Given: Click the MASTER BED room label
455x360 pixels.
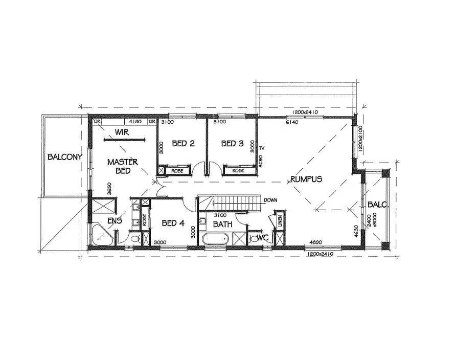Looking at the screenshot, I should (123, 166).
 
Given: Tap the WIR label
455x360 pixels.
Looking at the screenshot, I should (121, 132).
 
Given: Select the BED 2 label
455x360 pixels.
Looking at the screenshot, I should (183, 144).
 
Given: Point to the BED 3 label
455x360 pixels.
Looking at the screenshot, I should (232, 144).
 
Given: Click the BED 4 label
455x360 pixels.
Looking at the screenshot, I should (172, 223).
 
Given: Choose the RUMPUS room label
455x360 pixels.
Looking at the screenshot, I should (306, 179).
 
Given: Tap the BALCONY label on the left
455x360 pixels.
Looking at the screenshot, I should (64, 157).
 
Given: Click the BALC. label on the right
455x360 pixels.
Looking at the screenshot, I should (377, 205).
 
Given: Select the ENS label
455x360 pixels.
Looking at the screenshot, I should (114, 221).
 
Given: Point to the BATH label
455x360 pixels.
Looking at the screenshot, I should (223, 224).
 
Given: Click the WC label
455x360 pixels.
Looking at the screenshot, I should (263, 237).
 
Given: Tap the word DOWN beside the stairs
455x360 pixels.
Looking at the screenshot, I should (271, 200).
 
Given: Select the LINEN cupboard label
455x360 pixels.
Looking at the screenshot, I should (279, 221).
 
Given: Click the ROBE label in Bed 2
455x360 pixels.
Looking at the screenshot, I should (177, 170).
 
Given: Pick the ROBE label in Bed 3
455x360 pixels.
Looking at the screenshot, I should (238, 170).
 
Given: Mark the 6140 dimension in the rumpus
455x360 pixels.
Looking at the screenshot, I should (292, 123).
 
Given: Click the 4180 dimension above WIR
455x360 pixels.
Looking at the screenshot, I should (135, 122).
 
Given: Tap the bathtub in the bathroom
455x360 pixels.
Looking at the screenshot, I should (215, 239).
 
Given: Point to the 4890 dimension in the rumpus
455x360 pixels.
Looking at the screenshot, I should (314, 244).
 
